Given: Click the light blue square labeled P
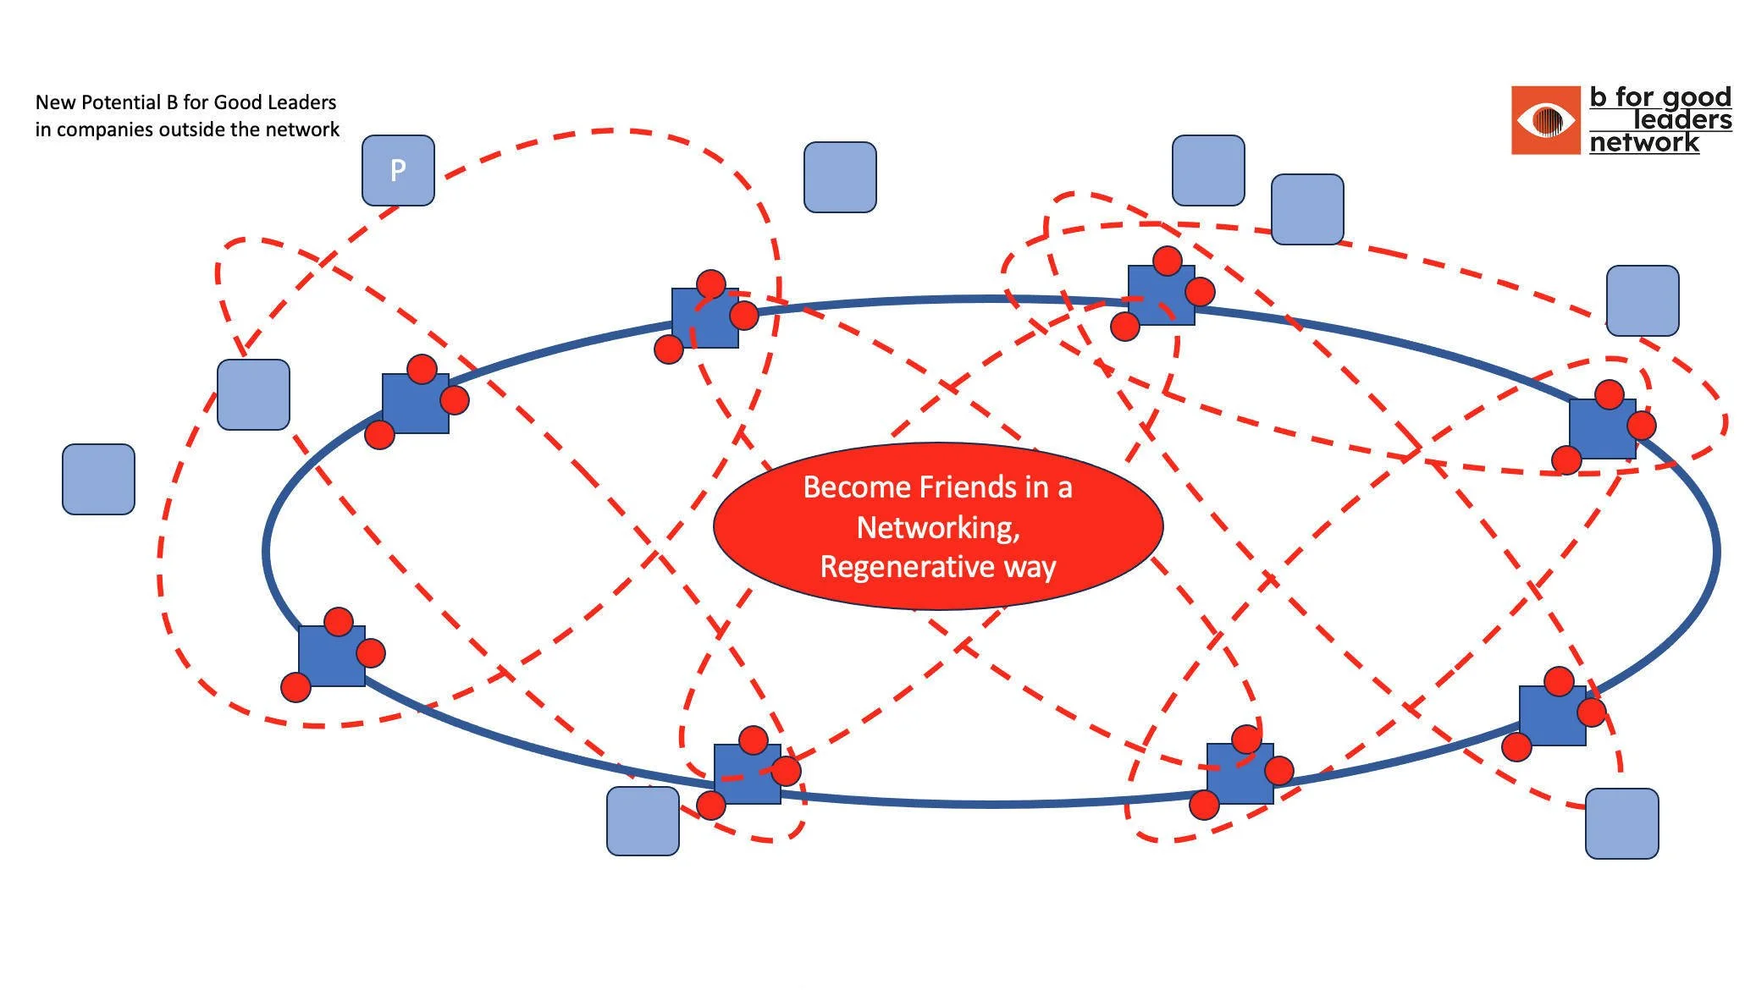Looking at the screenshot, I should (398, 170).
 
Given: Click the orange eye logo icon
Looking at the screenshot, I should (1545, 120).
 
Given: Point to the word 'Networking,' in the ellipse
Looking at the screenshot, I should (938, 527).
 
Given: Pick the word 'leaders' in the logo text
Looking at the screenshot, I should (1681, 120).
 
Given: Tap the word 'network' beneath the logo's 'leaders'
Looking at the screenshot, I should (1643, 142).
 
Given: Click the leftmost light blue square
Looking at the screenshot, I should (98, 479).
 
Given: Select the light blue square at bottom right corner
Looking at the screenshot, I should (1621, 823).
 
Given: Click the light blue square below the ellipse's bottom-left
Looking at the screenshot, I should (643, 821).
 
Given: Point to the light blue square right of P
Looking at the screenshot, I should (840, 177).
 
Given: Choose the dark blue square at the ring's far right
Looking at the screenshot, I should (1602, 429).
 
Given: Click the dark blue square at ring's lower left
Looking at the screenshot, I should (332, 656).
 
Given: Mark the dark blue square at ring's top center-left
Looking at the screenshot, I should (704, 318).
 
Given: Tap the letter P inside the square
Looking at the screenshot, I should (398, 171).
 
